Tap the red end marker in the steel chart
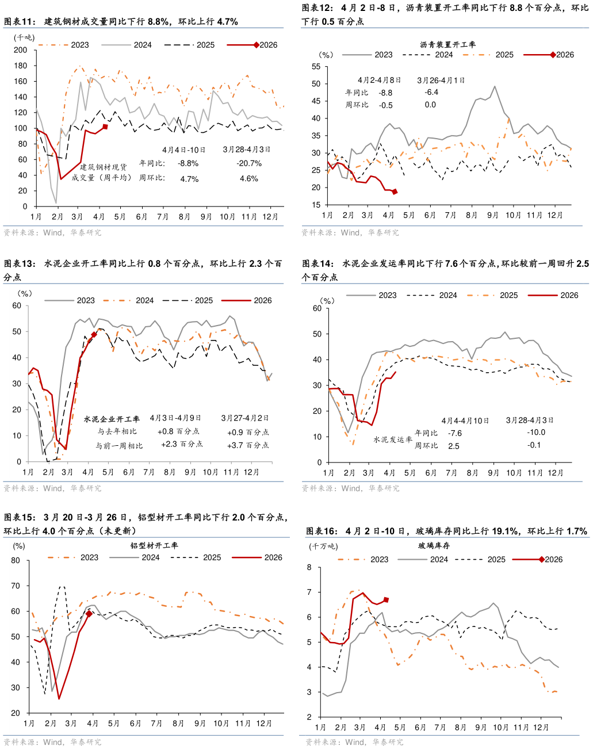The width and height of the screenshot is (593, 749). pos(105,127)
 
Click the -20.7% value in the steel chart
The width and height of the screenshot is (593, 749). pos(249,163)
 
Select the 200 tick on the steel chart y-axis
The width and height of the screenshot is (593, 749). pos(21,50)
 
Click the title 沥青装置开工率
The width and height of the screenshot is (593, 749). pos(448,44)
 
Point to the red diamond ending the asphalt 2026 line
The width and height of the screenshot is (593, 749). pos(395,192)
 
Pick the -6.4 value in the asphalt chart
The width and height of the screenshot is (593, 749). pos(431,92)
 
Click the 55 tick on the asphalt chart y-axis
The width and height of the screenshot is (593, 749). pos(316,67)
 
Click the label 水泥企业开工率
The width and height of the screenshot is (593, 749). pos(112,419)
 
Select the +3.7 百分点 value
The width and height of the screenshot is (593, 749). pos(248,445)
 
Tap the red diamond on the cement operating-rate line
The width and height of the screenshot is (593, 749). pos(94,335)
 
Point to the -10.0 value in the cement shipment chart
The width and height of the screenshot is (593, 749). pos(536,432)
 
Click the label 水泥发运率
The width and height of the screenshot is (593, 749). pos(393,440)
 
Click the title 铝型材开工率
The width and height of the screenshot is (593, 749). pos(154,545)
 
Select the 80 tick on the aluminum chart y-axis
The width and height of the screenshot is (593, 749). pos(16,561)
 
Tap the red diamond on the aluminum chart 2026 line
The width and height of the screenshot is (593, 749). pos(89,614)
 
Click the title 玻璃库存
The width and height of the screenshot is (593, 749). pos(434,545)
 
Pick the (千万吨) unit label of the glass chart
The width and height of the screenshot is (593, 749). pos(323,546)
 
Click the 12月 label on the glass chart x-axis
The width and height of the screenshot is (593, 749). pos(541,727)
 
